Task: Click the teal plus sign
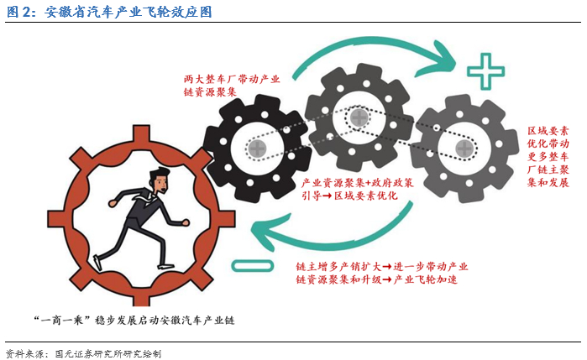click(x=485, y=70)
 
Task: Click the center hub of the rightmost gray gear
click(x=463, y=149)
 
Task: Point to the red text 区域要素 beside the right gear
click(x=549, y=132)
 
